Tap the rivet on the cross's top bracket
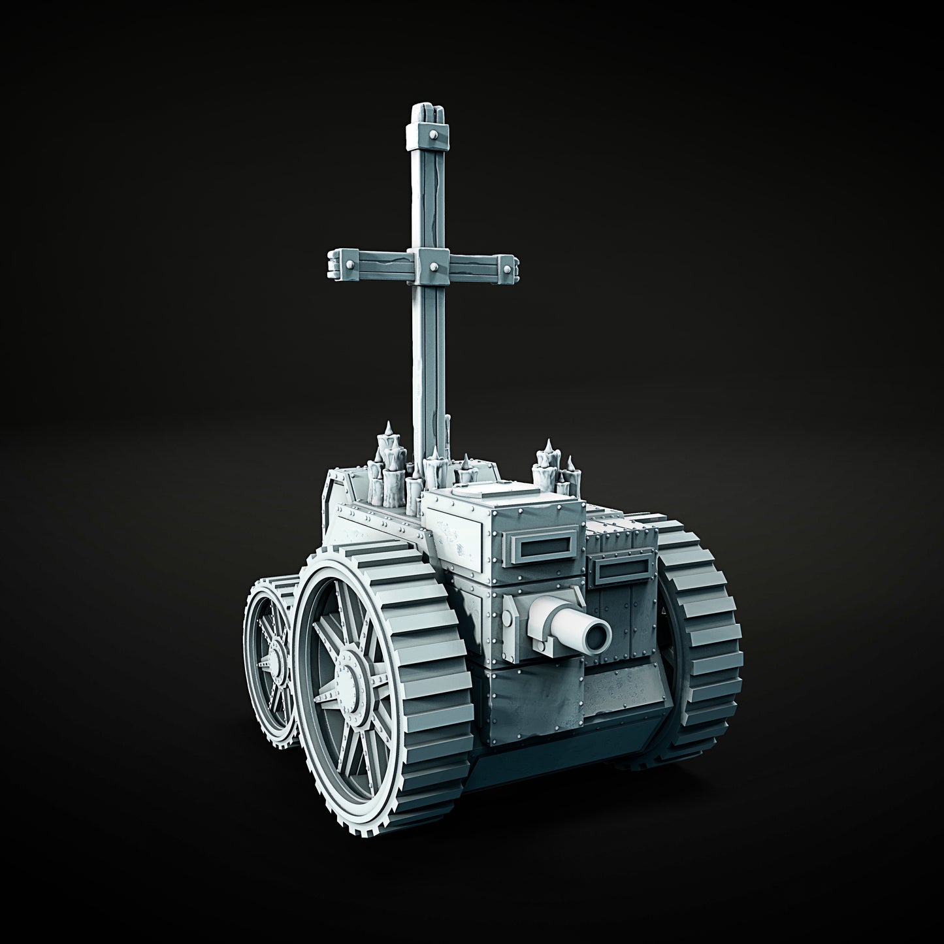pyautogui.click(x=433, y=133)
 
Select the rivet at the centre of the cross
pyautogui.click(x=433, y=268)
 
